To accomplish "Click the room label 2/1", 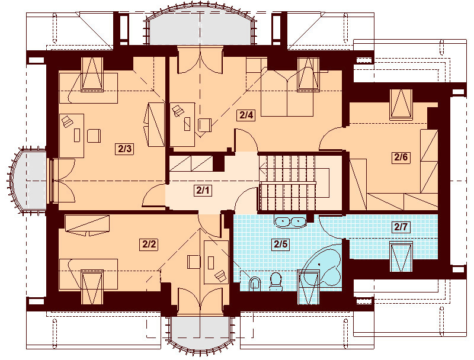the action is pyautogui.click(x=203, y=190).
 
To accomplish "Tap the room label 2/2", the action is pyautogui.click(x=149, y=244).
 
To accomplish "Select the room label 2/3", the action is pyautogui.click(x=125, y=149).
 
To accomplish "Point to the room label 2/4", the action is pyautogui.click(x=246, y=115).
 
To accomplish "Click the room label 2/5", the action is pyautogui.click(x=280, y=244).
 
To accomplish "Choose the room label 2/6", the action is pyautogui.click(x=401, y=157).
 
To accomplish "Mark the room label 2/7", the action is pyautogui.click(x=401, y=227).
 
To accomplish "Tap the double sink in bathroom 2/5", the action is pyautogui.click(x=290, y=221).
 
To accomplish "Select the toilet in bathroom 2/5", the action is pyautogui.click(x=276, y=281).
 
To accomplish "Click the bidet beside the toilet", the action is pyautogui.click(x=255, y=283).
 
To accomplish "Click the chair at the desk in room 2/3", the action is pyautogui.click(x=94, y=136).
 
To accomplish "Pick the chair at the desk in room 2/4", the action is pyautogui.click(x=204, y=125).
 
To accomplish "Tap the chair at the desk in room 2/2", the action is pyautogui.click(x=194, y=262).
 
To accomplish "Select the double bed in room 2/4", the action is pyautogui.click(x=287, y=94).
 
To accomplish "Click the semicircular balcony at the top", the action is pyautogui.click(x=200, y=28).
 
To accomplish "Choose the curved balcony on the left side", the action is pyautogui.click(x=27, y=181).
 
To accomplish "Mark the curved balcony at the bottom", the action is pyautogui.click(x=200, y=335).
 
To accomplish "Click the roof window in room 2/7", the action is pyautogui.click(x=401, y=256).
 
